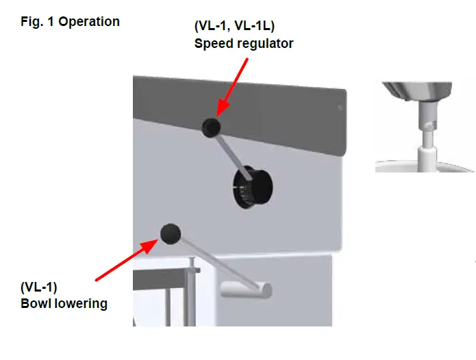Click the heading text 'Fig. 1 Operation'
[x=71, y=21]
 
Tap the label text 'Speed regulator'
[x=245, y=44]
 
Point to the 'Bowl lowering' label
[x=64, y=303]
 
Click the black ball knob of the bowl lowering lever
[x=170, y=233]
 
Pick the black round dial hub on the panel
[x=252, y=186]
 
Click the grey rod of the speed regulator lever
[x=229, y=151]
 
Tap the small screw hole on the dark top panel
[x=338, y=107]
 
